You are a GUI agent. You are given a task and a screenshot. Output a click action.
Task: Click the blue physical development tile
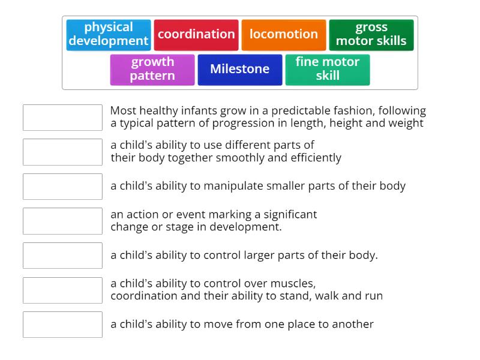coord(108,34)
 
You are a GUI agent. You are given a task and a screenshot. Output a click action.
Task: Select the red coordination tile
coord(196,34)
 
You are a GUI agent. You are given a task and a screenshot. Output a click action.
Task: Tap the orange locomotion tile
coord(284,34)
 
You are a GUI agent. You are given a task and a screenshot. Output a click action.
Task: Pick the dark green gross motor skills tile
coord(371,34)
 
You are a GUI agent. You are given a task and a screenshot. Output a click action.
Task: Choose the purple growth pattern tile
coord(152,69)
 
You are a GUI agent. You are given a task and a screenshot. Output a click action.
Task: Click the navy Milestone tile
coord(240,69)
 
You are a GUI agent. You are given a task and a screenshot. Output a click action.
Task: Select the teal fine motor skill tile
coord(328,69)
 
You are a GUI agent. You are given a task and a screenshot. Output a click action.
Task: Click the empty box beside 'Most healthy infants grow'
coord(62,117)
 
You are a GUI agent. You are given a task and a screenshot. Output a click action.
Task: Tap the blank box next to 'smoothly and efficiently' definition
coord(62,152)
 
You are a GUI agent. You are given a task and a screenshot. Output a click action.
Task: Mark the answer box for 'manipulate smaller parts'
coord(62,186)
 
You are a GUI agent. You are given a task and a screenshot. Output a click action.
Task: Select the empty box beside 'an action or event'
coord(62,221)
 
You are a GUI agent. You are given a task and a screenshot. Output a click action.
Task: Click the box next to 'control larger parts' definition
coord(62,255)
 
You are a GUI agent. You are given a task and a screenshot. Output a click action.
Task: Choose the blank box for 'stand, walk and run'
coord(62,290)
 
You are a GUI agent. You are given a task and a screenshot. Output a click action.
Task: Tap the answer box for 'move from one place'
coord(62,325)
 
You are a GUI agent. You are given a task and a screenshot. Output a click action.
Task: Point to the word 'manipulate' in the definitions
coord(232,186)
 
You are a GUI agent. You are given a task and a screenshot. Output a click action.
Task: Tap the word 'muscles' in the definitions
coord(295,283)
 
